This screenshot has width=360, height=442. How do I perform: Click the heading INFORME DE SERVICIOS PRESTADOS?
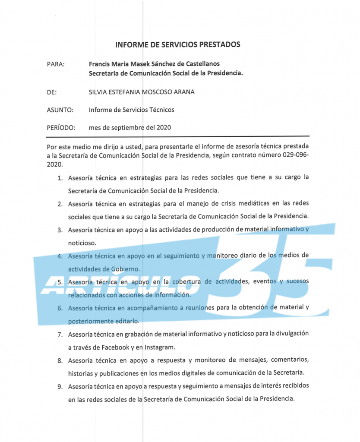point(177,44)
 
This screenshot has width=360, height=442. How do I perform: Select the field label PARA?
point(55,64)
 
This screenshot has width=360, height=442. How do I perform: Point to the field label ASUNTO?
point(60,110)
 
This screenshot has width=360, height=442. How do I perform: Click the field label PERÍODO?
point(61,128)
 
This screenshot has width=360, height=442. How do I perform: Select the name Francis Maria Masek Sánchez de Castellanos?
point(155,64)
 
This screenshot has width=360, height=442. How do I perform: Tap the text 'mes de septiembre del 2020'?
point(129,128)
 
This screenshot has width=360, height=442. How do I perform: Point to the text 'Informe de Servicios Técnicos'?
point(132,110)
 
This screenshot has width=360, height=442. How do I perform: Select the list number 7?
point(60,334)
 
